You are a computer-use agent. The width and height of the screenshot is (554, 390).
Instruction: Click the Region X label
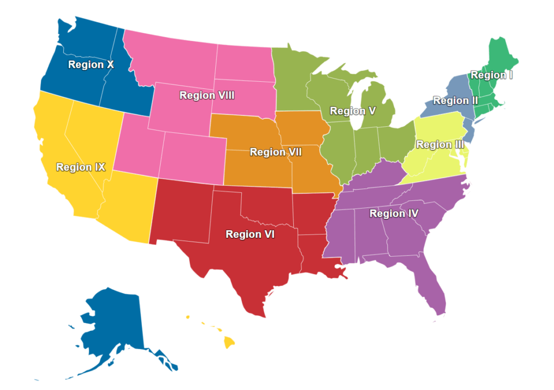coord(91,64)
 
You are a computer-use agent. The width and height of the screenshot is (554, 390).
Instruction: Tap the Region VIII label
coord(207,95)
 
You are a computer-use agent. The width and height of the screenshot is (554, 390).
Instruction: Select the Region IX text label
coord(81,167)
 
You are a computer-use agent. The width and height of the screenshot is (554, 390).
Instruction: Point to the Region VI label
coord(250,234)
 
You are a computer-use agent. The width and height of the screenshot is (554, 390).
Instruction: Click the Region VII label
coord(275,152)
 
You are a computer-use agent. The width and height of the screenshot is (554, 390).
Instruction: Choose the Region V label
coord(353,111)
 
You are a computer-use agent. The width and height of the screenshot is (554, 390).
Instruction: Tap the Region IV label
coord(394,213)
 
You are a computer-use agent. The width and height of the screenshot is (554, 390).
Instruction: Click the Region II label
coord(455,101)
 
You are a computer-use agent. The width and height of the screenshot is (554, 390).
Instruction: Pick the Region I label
coord(491,75)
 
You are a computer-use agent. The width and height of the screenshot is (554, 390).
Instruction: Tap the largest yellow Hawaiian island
coord(229,342)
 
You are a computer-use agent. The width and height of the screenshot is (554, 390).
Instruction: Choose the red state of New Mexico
coord(181,211)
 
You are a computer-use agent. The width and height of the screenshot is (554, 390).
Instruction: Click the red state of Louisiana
coord(316,255)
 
